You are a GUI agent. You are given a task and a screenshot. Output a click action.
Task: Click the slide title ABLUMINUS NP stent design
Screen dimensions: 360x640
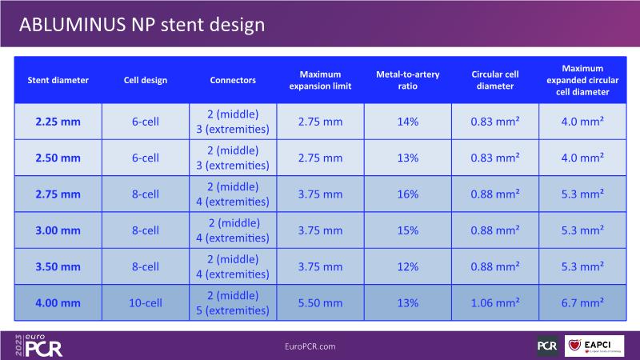(x=141, y=25)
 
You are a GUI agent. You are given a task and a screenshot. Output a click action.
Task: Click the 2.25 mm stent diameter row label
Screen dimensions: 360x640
(x=58, y=122)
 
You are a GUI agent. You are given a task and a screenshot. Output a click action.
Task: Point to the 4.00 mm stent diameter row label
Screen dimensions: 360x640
(x=58, y=302)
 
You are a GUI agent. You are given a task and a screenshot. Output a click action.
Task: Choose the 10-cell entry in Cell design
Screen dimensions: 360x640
(x=146, y=302)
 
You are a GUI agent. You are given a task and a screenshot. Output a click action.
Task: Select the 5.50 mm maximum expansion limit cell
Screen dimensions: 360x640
(x=320, y=302)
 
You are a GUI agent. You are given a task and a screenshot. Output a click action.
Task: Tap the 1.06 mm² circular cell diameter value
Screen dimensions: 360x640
(x=495, y=302)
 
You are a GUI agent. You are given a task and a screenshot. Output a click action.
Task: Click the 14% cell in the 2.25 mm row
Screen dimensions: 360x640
(x=408, y=122)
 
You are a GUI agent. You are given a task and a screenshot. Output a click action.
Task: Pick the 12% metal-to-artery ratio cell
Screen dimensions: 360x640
(x=408, y=266)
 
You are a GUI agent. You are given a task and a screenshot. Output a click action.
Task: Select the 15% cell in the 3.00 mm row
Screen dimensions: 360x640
(x=408, y=230)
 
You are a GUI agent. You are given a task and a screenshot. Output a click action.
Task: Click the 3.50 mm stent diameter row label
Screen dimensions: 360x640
(x=58, y=266)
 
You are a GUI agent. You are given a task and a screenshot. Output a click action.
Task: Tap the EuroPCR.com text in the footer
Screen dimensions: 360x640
(x=310, y=346)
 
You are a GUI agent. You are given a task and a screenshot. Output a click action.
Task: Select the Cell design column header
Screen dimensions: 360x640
(x=146, y=80)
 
